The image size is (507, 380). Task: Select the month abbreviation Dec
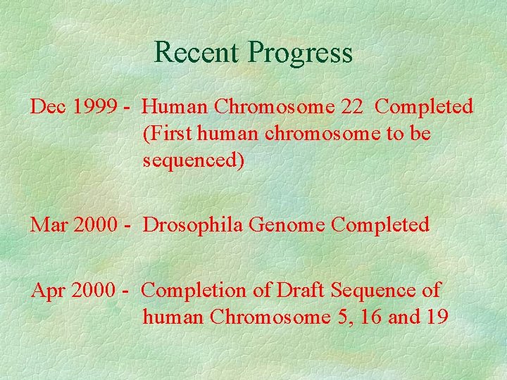tap(47, 107)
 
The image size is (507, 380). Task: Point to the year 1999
tap(93, 107)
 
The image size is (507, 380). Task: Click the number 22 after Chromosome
tap(352, 107)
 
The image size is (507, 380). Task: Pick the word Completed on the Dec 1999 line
tap(425, 107)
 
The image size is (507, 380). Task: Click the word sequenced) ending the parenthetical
tap(194, 161)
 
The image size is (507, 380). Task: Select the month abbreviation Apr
tap(47, 290)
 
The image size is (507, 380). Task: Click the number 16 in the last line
tap(370, 317)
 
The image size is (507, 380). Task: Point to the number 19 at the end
tap(436, 317)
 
